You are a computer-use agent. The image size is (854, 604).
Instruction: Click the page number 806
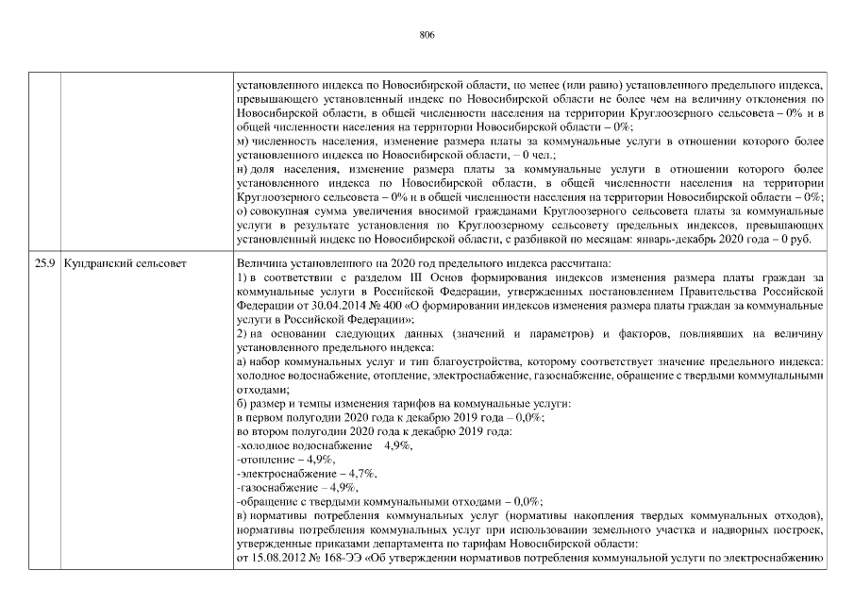pyautogui.click(x=427, y=33)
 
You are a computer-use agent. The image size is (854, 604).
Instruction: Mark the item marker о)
pyautogui.click(x=242, y=211)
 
